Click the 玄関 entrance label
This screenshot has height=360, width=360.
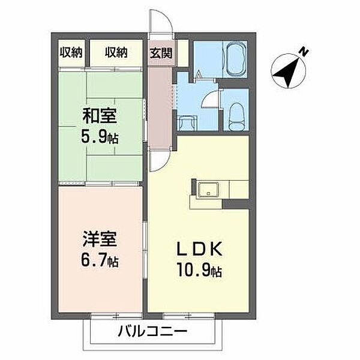161,53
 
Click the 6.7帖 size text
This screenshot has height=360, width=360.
100,262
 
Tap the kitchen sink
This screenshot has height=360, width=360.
208,191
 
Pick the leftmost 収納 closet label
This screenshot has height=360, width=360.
71,53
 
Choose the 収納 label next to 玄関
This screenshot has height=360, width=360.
116,53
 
